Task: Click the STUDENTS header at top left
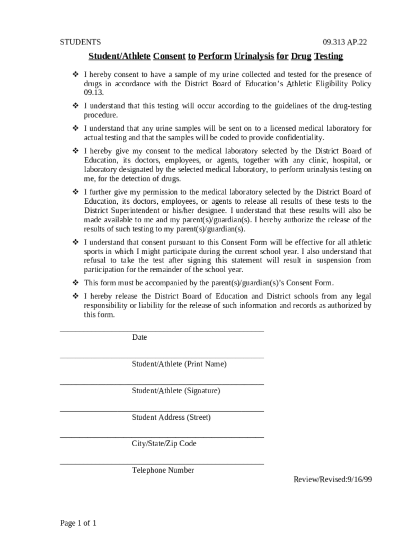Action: pyautogui.click(x=80, y=42)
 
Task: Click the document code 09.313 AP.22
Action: pyautogui.click(x=344, y=42)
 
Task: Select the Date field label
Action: pyautogui.click(x=139, y=337)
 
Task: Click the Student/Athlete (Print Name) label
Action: pyautogui.click(x=179, y=364)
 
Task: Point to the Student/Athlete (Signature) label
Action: pyautogui.click(x=176, y=391)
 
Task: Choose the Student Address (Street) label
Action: pyautogui.click(x=171, y=417)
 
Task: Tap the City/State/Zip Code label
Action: pyautogui.click(x=164, y=444)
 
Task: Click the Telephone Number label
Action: pyautogui.click(x=163, y=470)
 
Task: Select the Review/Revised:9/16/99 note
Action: pyautogui.click(x=333, y=480)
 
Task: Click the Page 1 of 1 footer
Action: pyautogui.click(x=78, y=523)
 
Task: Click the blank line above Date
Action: pyautogui.click(x=162, y=331)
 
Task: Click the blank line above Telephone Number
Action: pyautogui.click(x=162, y=464)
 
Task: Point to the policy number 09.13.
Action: pyautogui.click(x=90, y=93)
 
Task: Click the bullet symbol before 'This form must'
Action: pyautogui.click(x=75, y=283)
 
